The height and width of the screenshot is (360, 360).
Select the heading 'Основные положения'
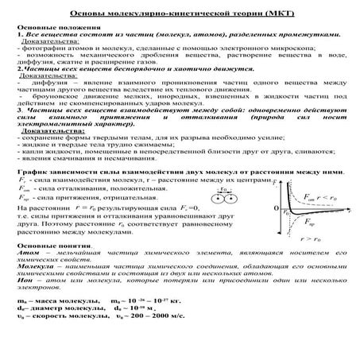[x=52, y=30]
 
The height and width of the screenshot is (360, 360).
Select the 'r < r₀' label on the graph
[x=327, y=196]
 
